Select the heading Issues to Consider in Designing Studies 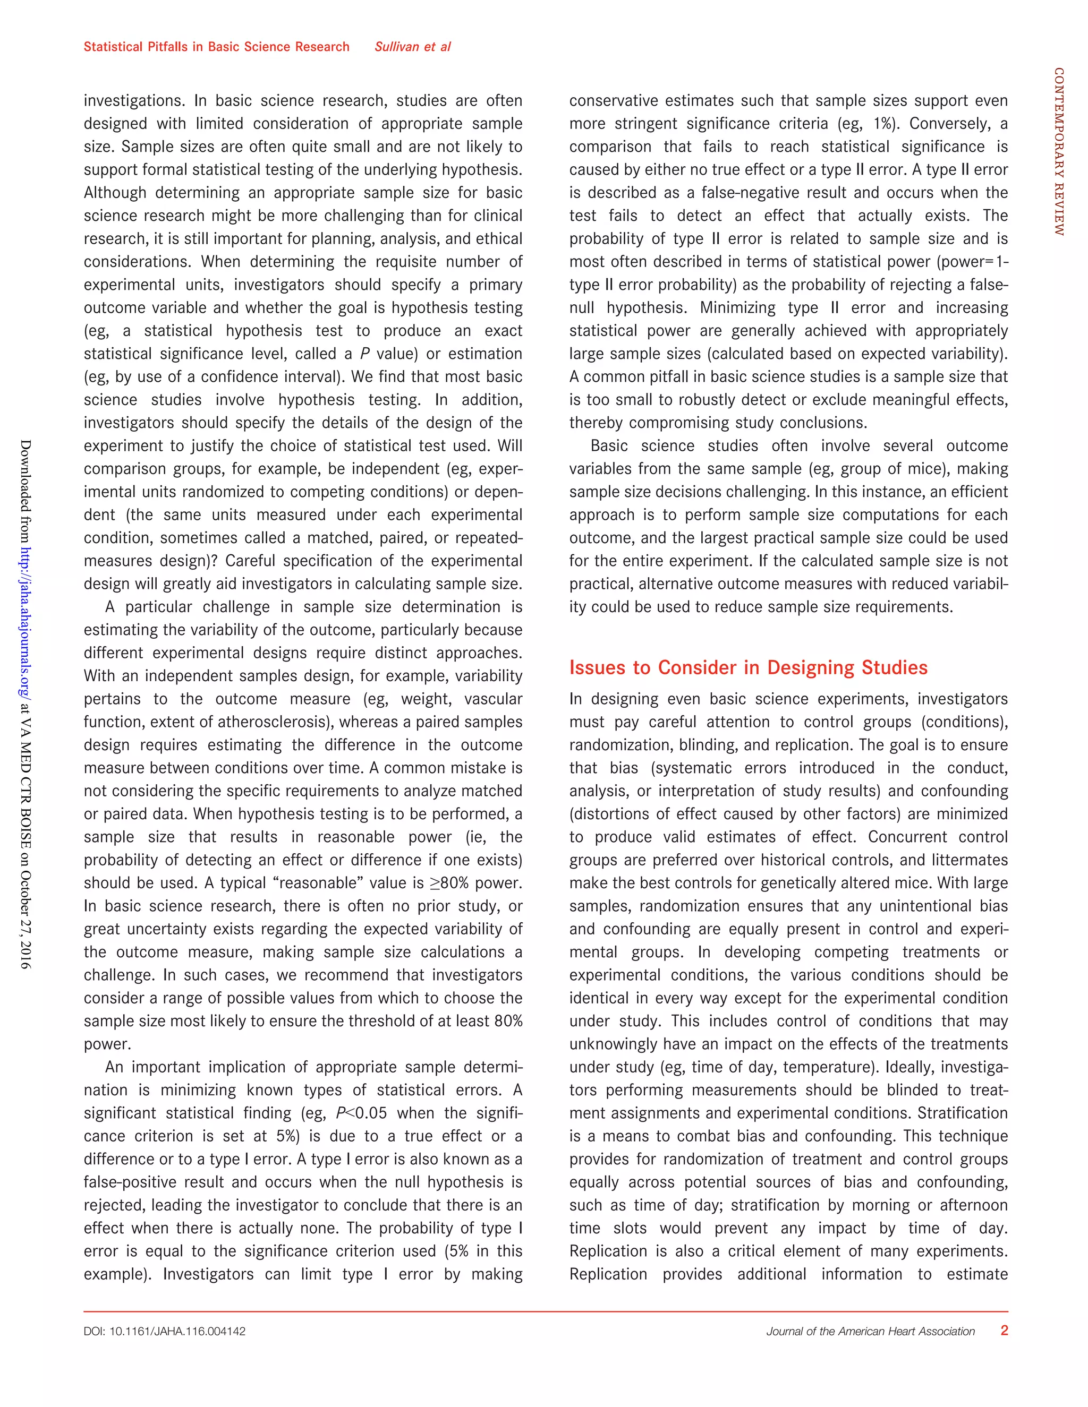(747, 667)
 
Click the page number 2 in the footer (1004, 1331)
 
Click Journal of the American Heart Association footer (870, 1332)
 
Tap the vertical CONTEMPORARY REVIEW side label (1058, 151)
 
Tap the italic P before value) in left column (365, 354)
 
